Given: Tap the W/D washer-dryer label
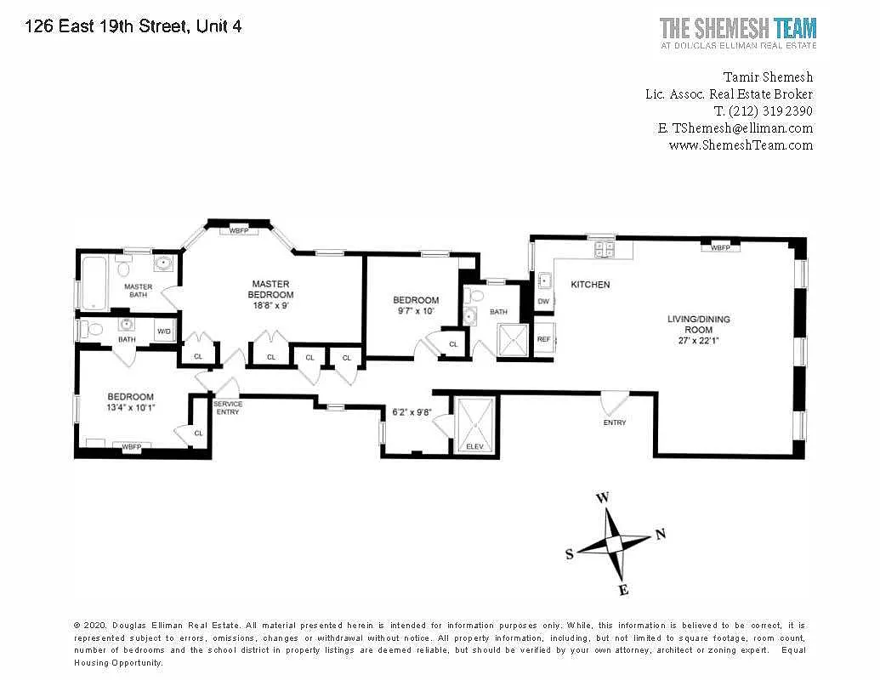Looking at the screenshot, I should [164, 331].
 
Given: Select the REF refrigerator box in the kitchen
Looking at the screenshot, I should [544, 339].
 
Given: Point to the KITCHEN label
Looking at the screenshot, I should [590, 285].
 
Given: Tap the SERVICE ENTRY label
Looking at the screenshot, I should [228, 408].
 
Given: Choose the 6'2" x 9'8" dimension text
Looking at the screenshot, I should [412, 411].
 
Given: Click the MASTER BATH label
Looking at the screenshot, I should [138, 291].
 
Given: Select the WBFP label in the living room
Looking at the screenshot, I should [720, 247].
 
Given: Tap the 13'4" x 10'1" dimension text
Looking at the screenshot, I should [130, 408].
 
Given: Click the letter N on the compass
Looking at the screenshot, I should [661, 534].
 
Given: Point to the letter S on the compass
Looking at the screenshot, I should [570, 553].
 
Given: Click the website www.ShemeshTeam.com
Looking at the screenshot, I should [741, 145].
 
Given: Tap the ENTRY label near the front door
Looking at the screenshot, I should [615, 422].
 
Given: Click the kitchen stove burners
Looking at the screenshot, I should [605, 249].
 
